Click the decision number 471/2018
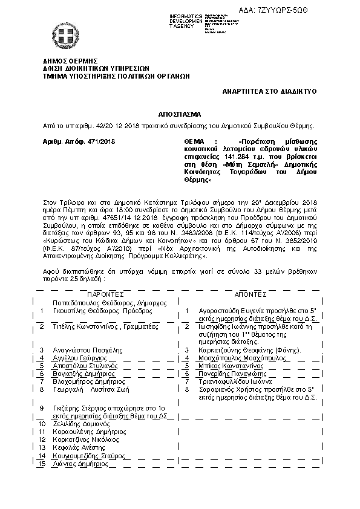[x=100, y=140]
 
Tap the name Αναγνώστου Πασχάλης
[x=89, y=350]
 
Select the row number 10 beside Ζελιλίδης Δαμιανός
[x=42, y=425]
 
